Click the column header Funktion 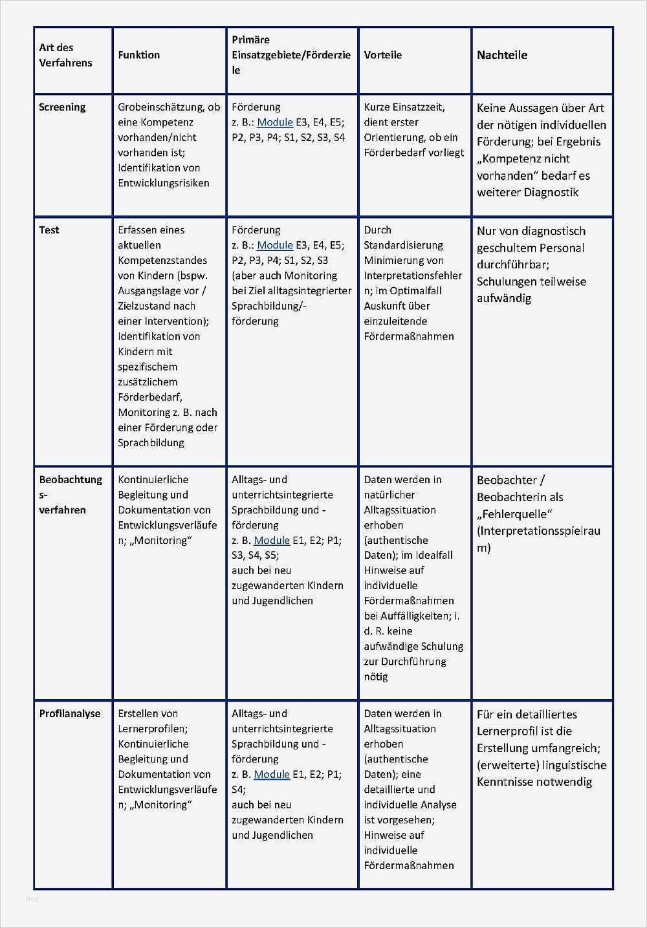138,55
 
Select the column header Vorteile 382,55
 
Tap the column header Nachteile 501,55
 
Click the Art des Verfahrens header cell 65,55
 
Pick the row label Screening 62,107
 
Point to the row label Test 49,230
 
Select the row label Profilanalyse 70,714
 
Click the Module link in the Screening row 275,122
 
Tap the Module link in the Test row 275,245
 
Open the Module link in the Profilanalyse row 272,774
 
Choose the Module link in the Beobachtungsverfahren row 272,540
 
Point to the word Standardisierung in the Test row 403,245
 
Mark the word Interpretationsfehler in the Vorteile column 413,275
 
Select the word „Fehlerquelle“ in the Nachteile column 514,514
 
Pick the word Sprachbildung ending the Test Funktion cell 151,443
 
